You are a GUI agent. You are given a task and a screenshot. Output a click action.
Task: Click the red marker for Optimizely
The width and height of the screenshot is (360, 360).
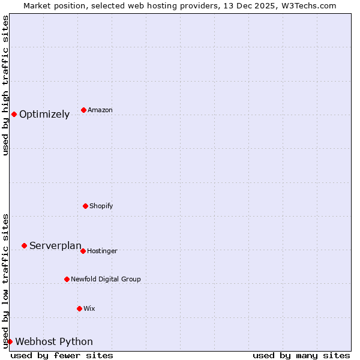click(14, 114)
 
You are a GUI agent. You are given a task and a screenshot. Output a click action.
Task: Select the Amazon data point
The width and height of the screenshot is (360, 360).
click(83, 110)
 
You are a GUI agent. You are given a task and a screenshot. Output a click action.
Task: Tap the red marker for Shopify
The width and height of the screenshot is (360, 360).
click(85, 206)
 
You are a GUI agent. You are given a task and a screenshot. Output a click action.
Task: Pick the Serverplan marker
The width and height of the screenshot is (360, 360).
click(24, 245)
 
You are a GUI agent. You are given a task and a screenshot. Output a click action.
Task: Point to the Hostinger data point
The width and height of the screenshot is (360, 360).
click(83, 251)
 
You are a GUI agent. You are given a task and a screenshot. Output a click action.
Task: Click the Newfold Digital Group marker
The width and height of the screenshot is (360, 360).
click(67, 279)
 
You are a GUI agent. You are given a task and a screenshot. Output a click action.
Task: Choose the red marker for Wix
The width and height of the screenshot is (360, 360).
click(79, 308)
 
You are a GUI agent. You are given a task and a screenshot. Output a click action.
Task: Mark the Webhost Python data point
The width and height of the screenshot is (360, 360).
click(10, 341)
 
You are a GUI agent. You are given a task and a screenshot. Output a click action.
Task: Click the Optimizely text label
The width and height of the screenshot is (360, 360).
click(44, 115)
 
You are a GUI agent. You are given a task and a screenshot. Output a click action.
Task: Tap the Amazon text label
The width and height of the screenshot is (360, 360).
click(100, 110)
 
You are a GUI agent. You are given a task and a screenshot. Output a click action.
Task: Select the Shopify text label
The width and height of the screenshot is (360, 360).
click(101, 206)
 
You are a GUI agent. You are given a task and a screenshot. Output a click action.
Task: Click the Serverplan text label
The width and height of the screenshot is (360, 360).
click(55, 246)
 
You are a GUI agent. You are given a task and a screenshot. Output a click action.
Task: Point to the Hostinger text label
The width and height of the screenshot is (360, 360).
click(102, 251)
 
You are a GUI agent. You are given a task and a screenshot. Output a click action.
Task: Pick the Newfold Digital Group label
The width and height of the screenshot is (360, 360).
click(106, 280)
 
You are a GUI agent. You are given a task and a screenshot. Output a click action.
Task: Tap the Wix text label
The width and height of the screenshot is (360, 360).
click(89, 309)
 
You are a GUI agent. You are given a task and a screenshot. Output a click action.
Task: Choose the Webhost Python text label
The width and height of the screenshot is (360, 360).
click(54, 342)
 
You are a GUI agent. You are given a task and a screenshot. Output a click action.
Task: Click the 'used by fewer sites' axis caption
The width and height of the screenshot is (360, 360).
click(62, 356)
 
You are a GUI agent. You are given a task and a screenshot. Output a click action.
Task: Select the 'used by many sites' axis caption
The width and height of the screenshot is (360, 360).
click(301, 356)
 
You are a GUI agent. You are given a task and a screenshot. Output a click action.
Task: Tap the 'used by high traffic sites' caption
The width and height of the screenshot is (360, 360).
click(5, 85)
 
